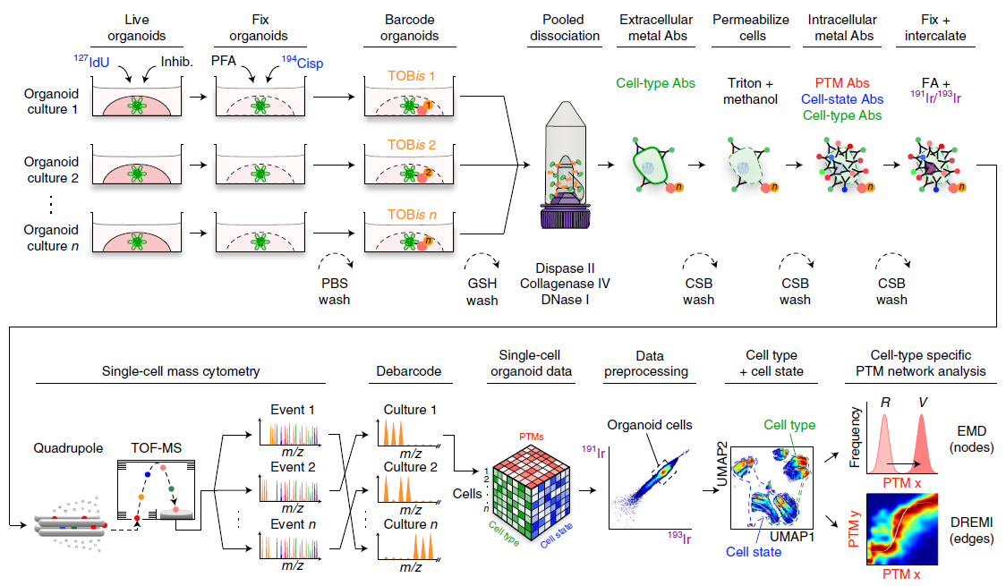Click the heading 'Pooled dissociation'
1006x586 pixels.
click(571, 28)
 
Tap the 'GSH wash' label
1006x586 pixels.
click(482, 292)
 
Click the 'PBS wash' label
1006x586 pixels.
click(334, 292)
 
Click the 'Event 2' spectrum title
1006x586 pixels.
click(294, 466)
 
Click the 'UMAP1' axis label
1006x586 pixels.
click(793, 534)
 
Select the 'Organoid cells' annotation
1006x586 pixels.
click(651, 424)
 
